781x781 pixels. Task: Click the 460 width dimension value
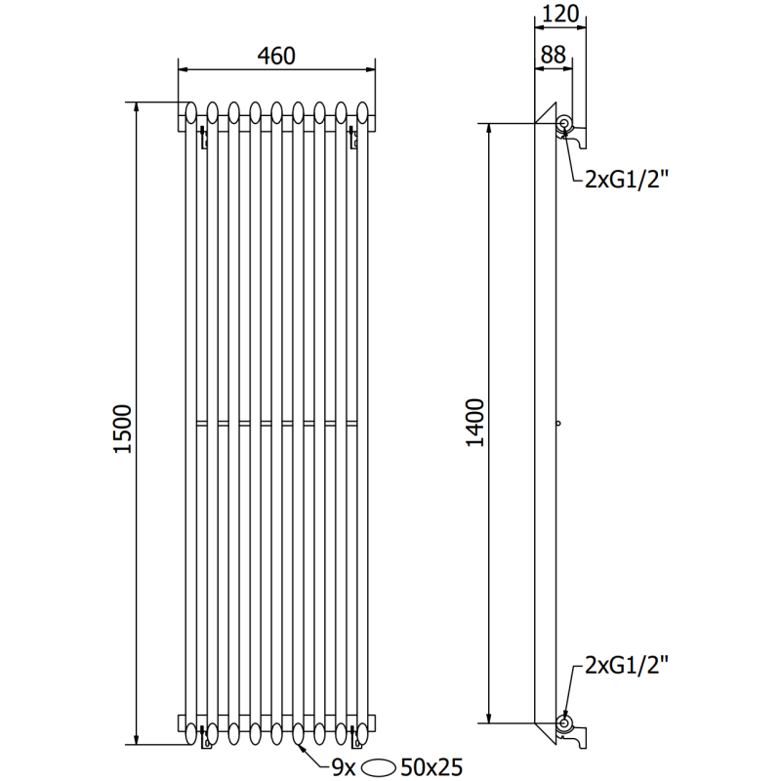click(x=276, y=57)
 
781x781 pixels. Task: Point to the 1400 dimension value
click(x=473, y=423)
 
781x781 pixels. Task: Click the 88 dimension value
click(x=553, y=57)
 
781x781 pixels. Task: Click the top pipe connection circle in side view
click(x=564, y=123)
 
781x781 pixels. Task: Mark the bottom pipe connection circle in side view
click(x=564, y=723)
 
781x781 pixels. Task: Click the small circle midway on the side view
click(x=556, y=424)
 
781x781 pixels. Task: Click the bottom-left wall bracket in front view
click(x=204, y=738)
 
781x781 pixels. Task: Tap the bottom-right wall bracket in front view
click(x=352, y=738)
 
